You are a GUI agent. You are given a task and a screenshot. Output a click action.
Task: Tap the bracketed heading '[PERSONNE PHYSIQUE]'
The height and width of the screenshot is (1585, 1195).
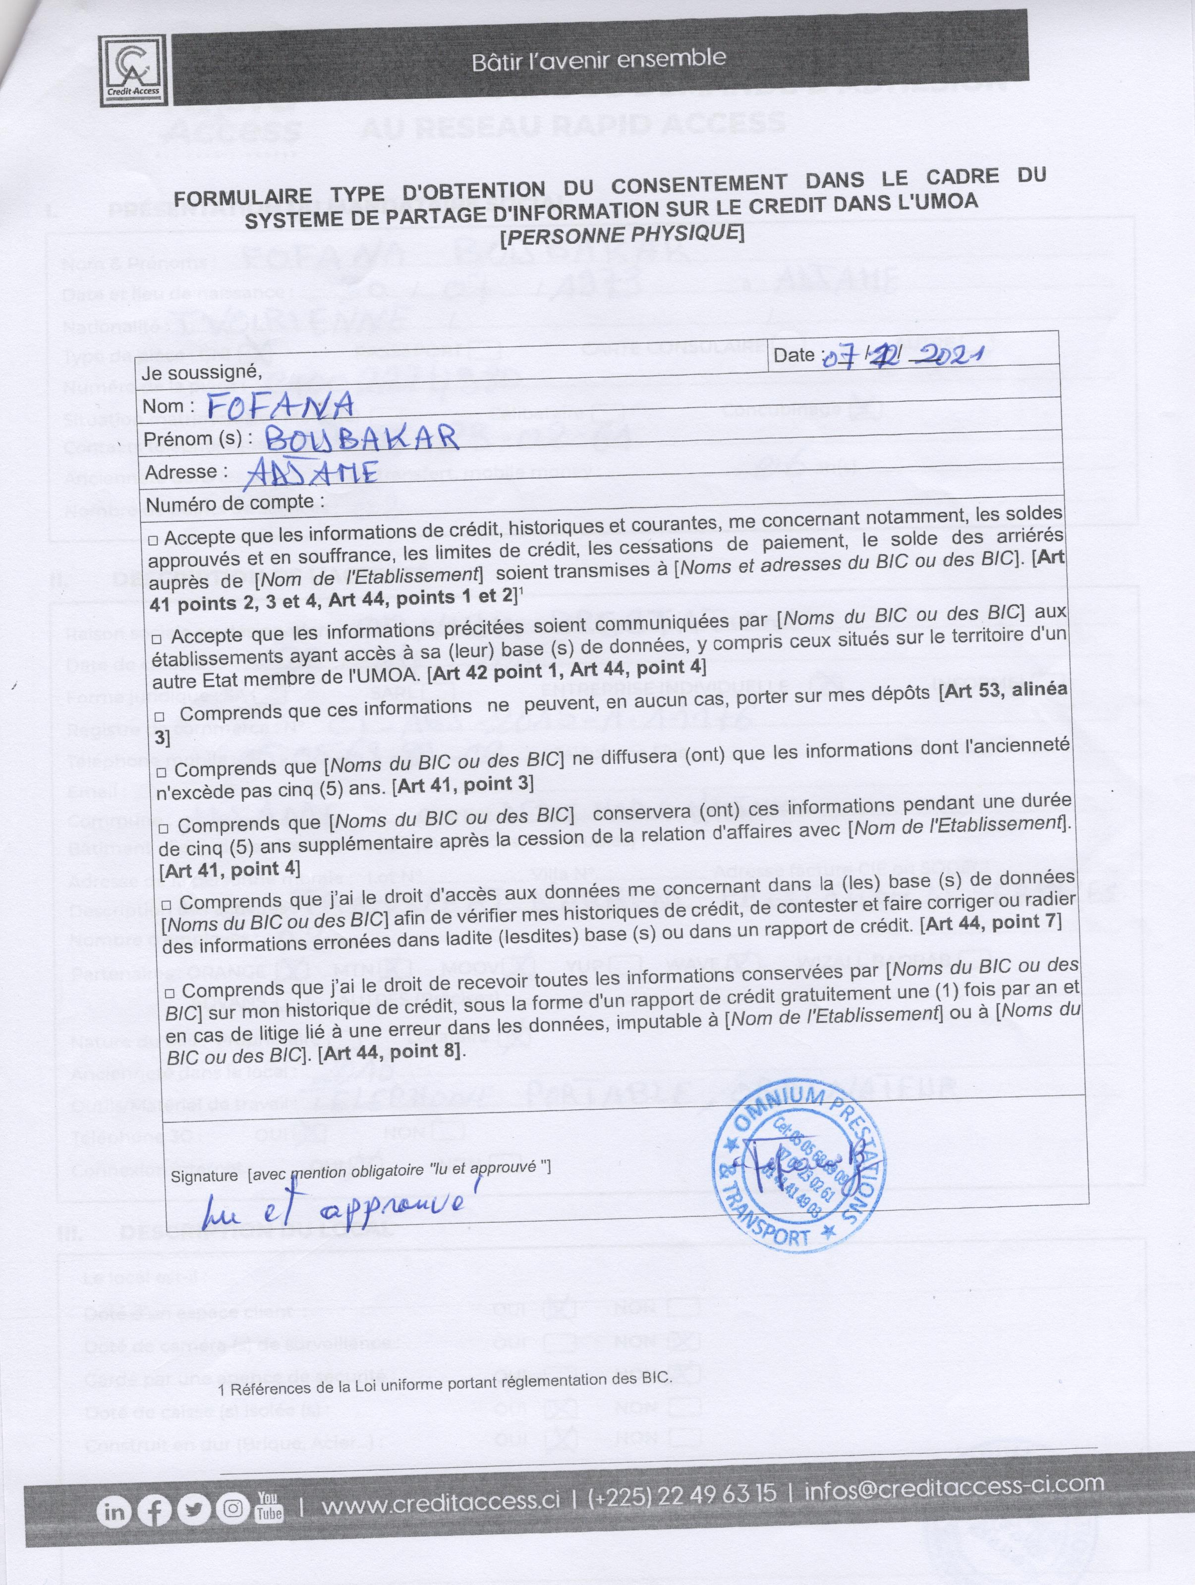(x=621, y=234)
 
